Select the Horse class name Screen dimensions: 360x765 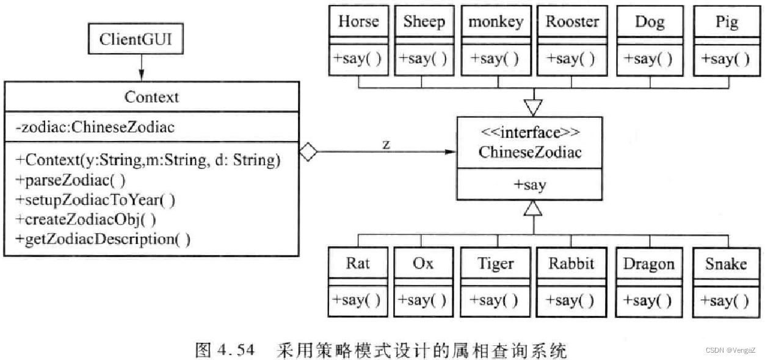pyautogui.click(x=358, y=22)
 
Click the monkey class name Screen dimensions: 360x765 pyautogui.click(x=495, y=22)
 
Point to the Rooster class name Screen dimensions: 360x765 pyautogui.click(x=572, y=22)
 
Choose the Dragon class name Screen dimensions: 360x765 pyautogui.click(x=649, y=264)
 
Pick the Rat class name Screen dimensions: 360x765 pyautogui.click(x=358, y=264)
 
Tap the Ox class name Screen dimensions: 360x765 pyautogui.click(x=422, y=264)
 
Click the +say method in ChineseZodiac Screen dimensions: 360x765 pyautogui.click(x=530, y=185)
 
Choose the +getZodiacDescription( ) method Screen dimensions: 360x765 pyautogui.click(x=103, y=239)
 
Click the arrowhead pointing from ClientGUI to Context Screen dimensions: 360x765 pyautogui.click(x=141, y=76)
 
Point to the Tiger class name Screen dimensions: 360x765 pyautogui.click(x=495, y=264)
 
